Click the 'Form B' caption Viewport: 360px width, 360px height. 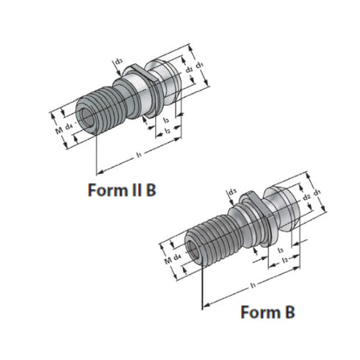pyautogui.click(x=269, y=312)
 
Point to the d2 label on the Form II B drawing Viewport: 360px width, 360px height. pyautogui.click(x=189, y=71)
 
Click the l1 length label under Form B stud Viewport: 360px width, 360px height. pyautogui.click(x=252, y=283)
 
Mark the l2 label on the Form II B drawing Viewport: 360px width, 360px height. pyautogui.click(x=168, y=130)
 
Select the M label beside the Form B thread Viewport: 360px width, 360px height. pyautogui.click(x=168, y=259)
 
